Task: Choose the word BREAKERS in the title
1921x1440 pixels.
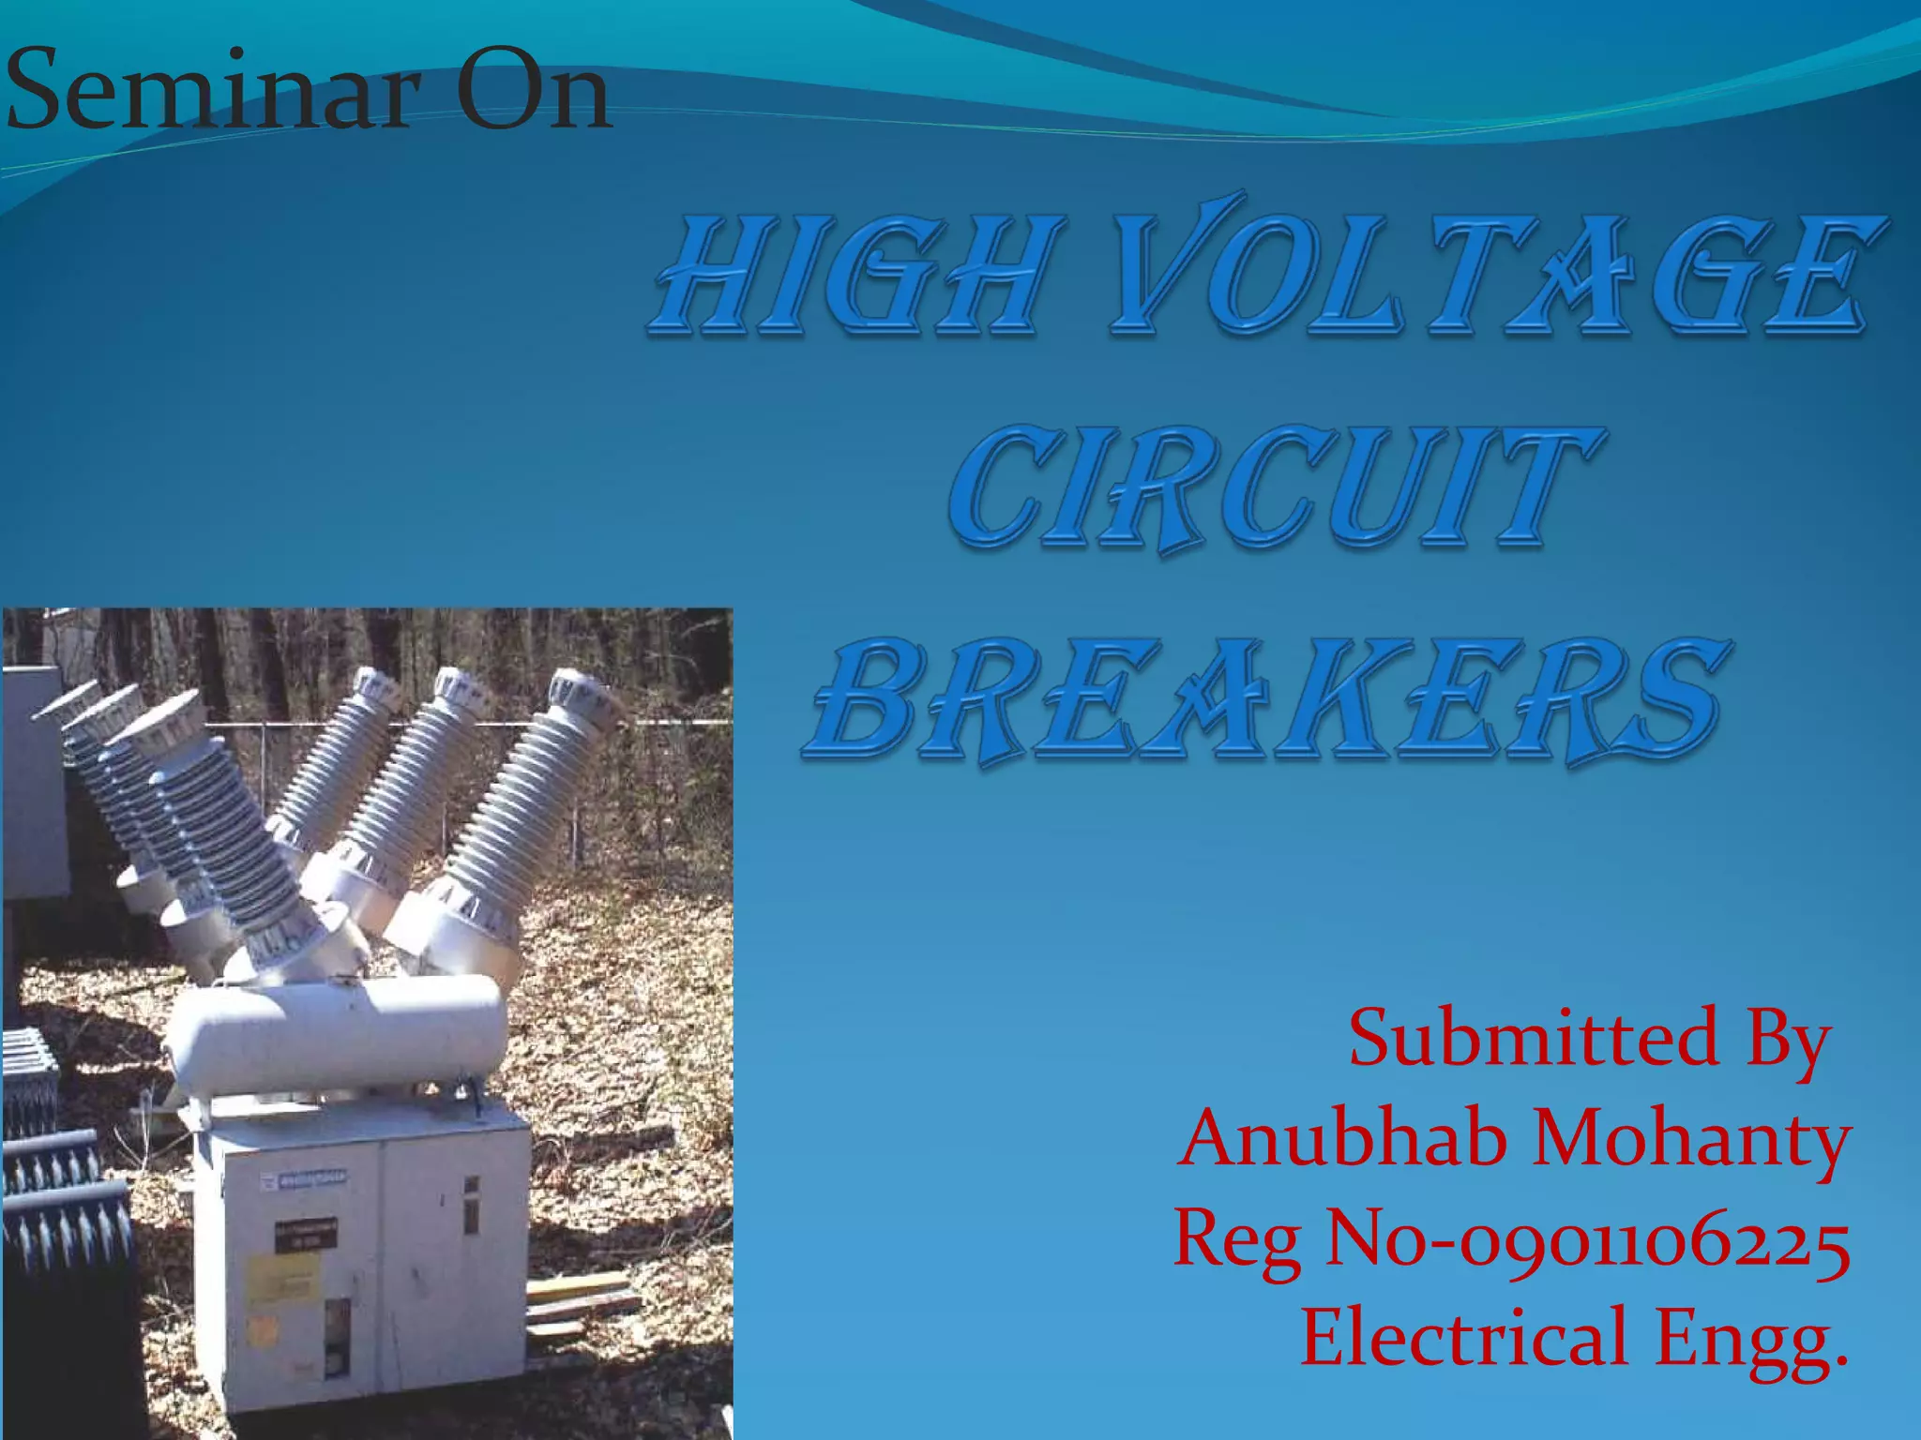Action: point(1266,701)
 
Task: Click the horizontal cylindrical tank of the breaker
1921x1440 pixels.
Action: point(338,1031)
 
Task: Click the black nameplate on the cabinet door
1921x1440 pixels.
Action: point(306,1235)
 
